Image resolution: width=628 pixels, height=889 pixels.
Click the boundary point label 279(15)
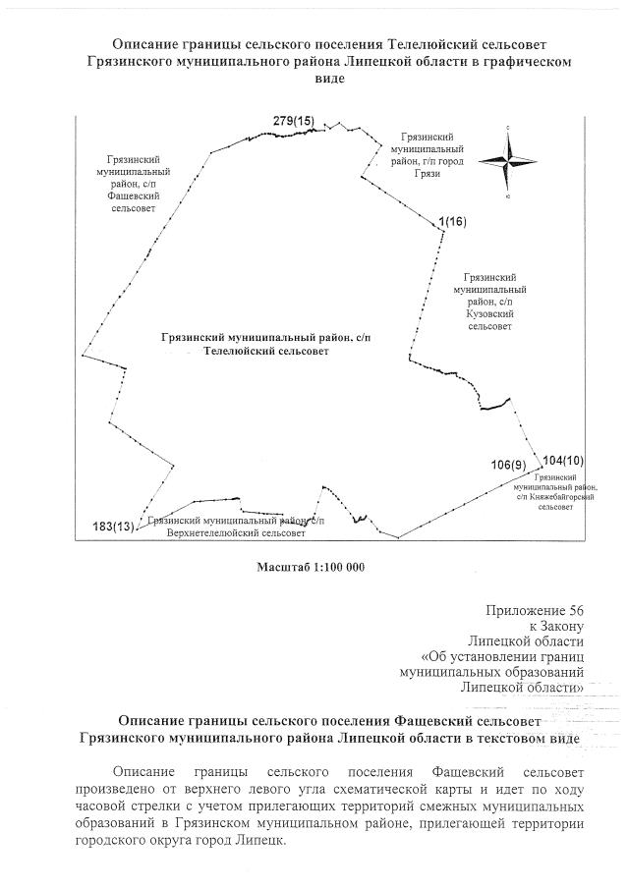pos(293,120)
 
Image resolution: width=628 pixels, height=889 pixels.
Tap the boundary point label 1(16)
pos(453,222)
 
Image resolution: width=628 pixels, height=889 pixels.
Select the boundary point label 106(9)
pos(509,464)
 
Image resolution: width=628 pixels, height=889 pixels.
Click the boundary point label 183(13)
pos(113,525)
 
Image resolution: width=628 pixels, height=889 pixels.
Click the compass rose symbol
pos(508,162)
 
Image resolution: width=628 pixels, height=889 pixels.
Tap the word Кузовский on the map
pos(489,313)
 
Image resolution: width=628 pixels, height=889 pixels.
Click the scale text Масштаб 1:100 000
pos(310,567)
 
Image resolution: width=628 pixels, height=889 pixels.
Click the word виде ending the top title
pos(328,78)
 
